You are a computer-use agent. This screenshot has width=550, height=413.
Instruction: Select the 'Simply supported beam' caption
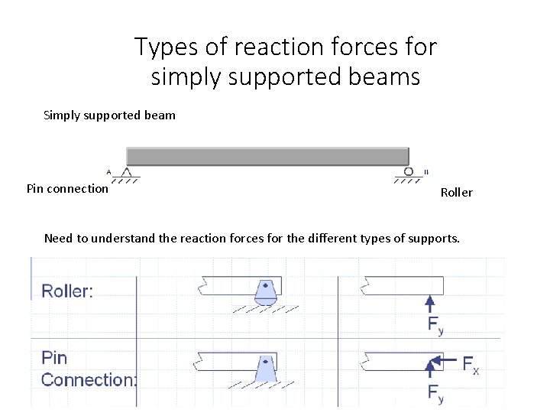pyautogui.click(x=109, y=115)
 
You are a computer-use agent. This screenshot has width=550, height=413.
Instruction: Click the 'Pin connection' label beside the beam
pyautogui.click(x=67, y=188)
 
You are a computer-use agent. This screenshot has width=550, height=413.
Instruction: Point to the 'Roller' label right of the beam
pyautogui.click(x=456, y=193)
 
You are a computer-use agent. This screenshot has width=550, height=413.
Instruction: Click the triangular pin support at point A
pyautogui.click(x=127, y=173)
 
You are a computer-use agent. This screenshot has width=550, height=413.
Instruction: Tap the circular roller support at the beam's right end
pyautogui.click(x=409, y=172)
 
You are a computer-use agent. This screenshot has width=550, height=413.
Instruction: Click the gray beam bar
pyautogui.click(x=267, y=156)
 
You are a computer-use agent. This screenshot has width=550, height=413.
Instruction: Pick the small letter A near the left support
pyautogui.click(x=108, y=172)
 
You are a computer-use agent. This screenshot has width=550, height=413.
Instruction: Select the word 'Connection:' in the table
pyautogui.click(x=89, y=379)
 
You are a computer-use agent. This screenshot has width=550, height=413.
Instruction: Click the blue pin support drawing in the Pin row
pyautogui.click(x=265, y=369)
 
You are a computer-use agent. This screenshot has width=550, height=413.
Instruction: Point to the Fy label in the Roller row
pyautogui.click(x=435, y=325)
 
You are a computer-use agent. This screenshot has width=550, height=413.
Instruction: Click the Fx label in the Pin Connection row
pyautogui.click(x=471, y=365)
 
